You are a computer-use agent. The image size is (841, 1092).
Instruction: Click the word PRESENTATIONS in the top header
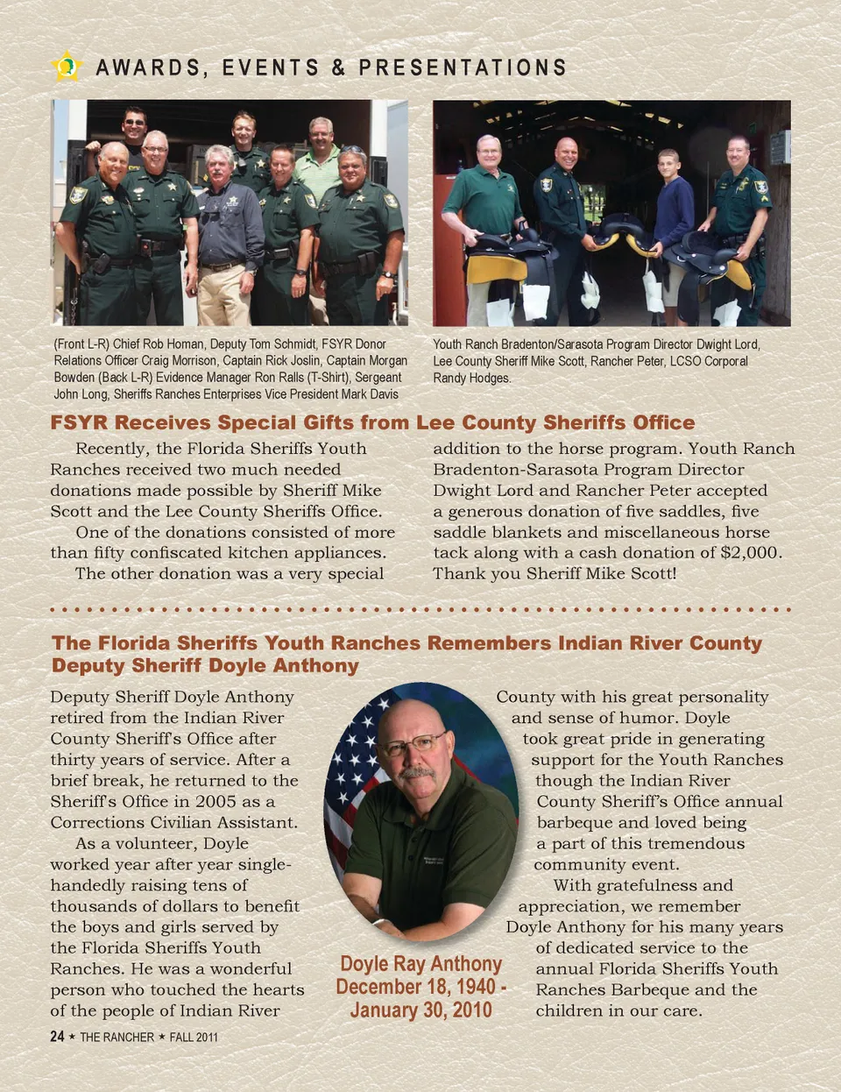(x=463, y=67)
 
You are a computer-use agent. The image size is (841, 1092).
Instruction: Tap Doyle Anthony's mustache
(x=417, y=772)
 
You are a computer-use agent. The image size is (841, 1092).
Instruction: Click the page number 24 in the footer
(x=57, y=1037)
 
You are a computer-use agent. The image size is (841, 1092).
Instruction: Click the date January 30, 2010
(x=421, y=1010)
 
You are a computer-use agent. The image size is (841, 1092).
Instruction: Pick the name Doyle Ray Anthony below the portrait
(x=420, y=964)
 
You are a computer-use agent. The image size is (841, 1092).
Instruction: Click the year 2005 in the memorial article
(x=216, y=802)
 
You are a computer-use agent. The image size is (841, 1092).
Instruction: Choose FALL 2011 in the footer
(x=194, y=1038)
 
